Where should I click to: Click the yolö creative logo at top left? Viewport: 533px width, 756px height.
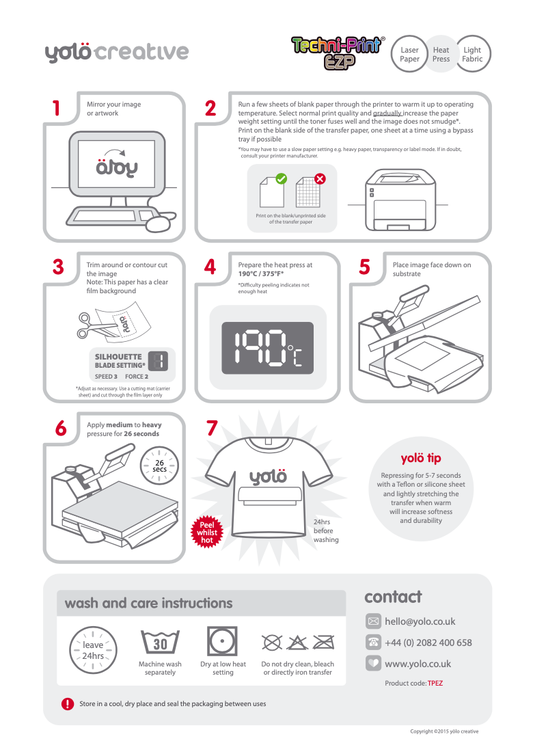tap(117, 53)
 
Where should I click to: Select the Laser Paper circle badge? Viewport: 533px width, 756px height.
tap(409, 55)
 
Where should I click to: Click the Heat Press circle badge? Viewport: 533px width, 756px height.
tap(441, 55)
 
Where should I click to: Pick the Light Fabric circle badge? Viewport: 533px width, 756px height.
tap(472, 55)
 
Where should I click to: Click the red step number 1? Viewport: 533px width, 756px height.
tap(56, 108)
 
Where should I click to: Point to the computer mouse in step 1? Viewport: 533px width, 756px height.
tap(159, 224)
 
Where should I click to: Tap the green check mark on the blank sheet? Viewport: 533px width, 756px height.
tap(280, 179)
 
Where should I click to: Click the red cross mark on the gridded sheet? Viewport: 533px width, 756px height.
tap(320, 179)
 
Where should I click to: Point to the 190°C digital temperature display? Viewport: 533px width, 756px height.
tap(267, 348)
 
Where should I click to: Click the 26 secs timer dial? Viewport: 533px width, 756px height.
tap(159, 465)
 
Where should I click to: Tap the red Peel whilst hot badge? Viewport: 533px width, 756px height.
tap(207, 532)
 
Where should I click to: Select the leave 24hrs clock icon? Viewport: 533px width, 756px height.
tap(93, 650)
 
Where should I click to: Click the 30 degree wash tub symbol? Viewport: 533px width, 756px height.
tap(160, 643)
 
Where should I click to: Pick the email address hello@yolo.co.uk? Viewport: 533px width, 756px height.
tap(420, 621)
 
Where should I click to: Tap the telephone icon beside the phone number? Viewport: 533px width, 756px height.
tap(373, 643)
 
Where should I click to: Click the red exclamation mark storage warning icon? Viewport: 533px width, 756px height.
tap(68, 703)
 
